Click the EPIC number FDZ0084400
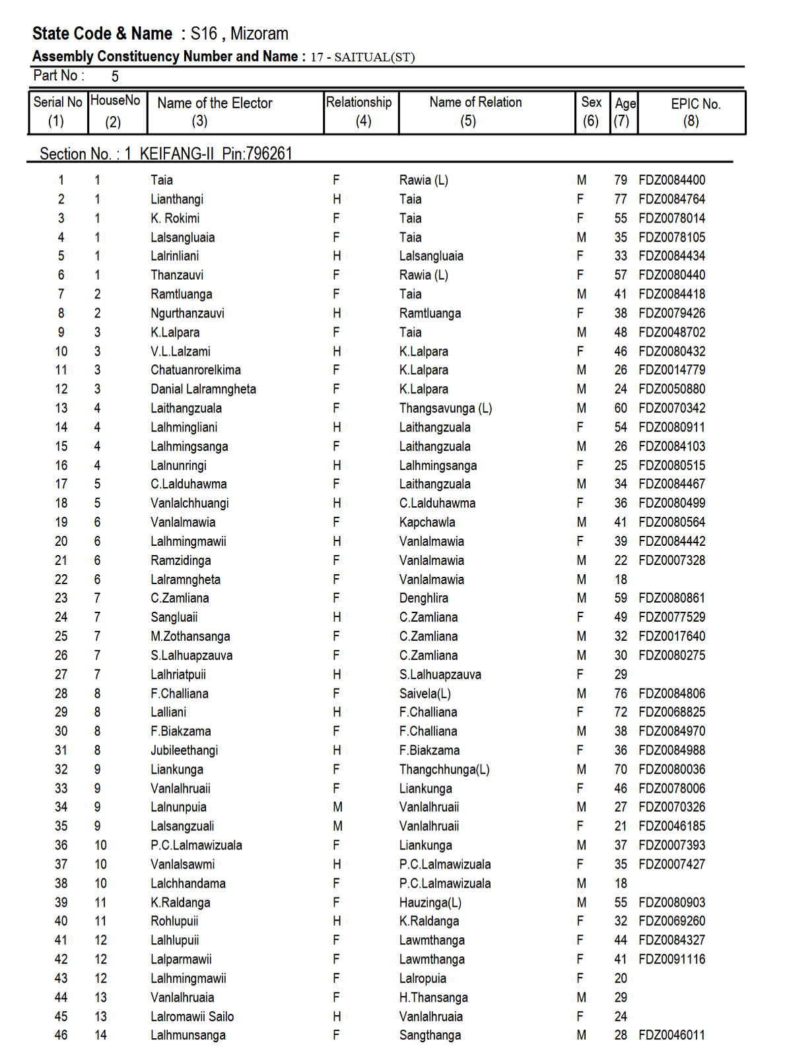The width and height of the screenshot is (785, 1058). [671, 180]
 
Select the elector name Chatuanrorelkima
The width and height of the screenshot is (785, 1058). [195, 370]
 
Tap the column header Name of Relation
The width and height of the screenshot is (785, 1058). [475, 102]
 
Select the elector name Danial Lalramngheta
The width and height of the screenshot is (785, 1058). [203, 389]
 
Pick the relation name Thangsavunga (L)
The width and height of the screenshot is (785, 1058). [445, 409]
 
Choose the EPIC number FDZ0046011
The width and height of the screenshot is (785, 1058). [671, 1036]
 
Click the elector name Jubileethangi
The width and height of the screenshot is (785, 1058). [184, 750]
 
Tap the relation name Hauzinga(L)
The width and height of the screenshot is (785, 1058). [430, 903]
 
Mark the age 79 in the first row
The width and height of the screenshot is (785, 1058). [621, 180]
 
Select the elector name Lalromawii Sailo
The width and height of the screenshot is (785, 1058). [192, 1017]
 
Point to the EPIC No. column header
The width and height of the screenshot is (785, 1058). [695, 104]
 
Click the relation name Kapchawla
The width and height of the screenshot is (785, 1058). [427, 523]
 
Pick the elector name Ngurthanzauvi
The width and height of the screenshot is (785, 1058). [188, 314]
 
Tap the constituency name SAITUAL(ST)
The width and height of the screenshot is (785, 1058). [374, 57]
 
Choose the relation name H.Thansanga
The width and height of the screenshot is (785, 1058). [433, 998]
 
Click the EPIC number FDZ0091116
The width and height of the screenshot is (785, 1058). [671, 960]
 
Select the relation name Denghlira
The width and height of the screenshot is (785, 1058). [423, 599]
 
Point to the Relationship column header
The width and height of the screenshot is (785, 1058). [358, 102]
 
